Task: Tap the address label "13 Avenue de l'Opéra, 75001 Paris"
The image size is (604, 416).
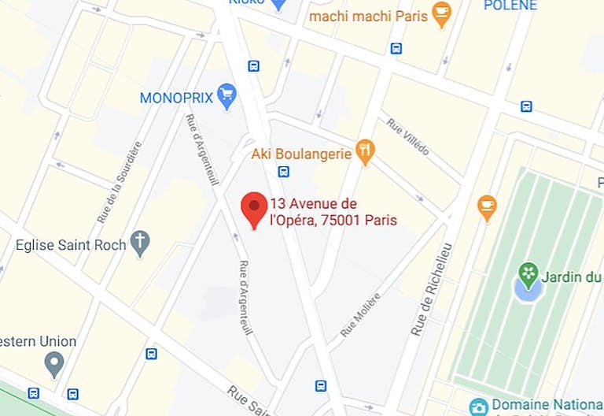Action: pos(333,212)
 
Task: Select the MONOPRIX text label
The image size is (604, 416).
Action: pos(177,98)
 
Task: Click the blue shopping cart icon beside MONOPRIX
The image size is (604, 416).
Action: pos(227,96)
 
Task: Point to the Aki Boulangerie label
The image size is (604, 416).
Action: pos(300,151)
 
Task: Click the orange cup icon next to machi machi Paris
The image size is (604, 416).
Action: pos(442,14)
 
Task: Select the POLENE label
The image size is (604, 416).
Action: pos(510,6)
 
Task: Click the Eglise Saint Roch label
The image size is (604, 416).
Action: pos(71,245)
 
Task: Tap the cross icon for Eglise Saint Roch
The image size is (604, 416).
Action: pos(140,243)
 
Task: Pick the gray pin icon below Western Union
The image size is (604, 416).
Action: pos(54,364)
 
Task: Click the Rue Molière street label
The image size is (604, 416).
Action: pos(361,314)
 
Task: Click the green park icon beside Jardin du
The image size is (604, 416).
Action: pos(528,275)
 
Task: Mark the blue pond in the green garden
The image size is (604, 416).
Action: pos(527,290)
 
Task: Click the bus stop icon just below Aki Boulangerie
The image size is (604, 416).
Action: pos(283,171)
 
